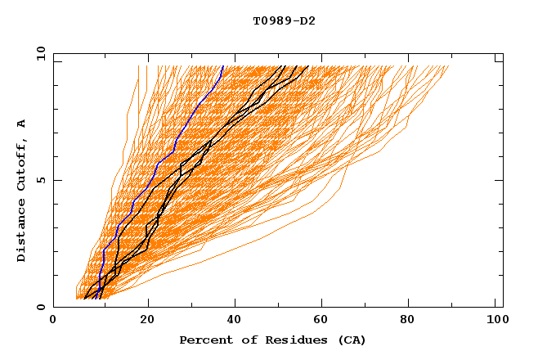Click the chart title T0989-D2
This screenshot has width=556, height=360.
[284, 21]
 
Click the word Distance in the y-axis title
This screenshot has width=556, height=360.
[22, 231]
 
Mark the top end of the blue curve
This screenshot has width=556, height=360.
[223, 66]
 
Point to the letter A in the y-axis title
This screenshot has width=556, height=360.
[22, 123]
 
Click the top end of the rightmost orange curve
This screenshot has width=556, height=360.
[449, 66]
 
